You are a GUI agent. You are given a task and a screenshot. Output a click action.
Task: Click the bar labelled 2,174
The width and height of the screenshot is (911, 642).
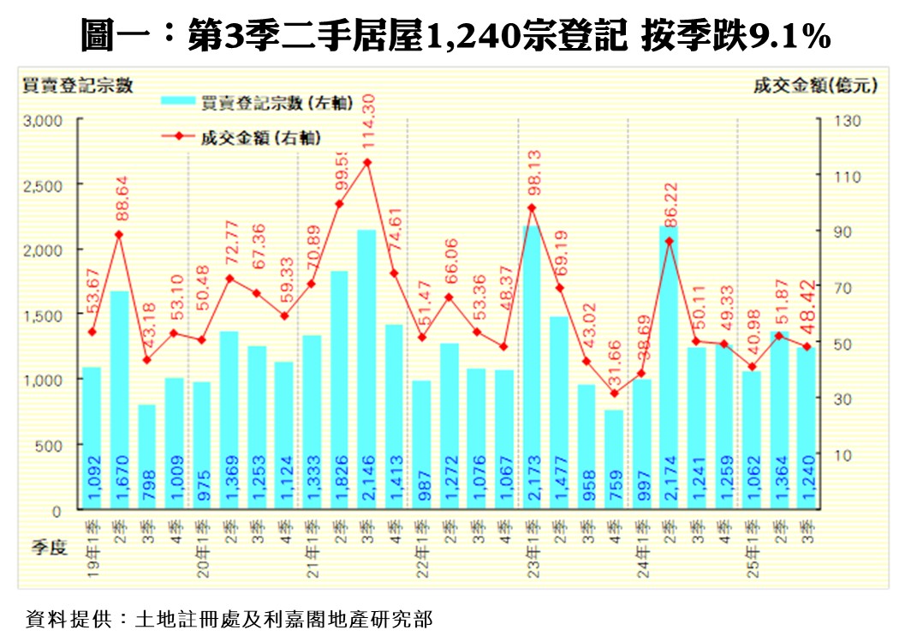pyautogui.click(x=669, y=369)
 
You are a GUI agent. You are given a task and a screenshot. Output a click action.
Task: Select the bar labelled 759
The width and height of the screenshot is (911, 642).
pyautogui.click(x=614, y=459)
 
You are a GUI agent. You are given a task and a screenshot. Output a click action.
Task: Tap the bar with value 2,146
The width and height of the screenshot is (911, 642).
pyautogui.click(x=366, y=369)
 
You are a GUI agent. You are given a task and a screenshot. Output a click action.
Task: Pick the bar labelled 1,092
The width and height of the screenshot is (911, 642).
pyautogui.click(x=92, y=438)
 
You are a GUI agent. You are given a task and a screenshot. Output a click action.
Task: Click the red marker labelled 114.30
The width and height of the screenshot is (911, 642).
pyautogui.click(x=366, y=162)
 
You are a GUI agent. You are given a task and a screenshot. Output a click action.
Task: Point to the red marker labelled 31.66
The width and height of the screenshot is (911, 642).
pyautogui.click(x=614, y=393)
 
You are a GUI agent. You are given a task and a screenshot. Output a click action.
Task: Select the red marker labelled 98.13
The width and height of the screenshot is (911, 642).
pyautogui.click(x=531, y=207)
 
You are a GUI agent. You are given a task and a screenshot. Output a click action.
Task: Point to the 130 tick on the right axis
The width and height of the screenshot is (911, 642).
pyautogui.click(x=843, y=120)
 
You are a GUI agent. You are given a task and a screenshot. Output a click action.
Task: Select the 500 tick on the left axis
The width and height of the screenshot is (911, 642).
pyautogui.click(x=49, y=446)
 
